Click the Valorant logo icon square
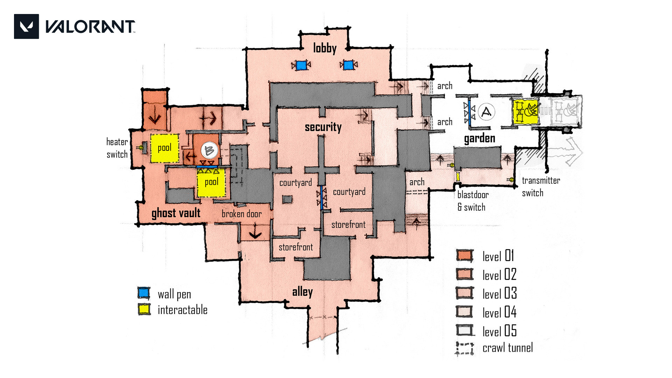pos(26,26)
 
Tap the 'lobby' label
pos(324,48)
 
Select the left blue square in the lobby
pos(301,65)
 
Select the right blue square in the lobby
pos(348,65)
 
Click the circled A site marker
pos(486,112)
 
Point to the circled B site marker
pos(209,150)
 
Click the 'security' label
pos(323,127)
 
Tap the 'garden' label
pos(479,138)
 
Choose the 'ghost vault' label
pos(176,213)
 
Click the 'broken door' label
pos(241,214)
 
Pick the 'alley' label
pos(302,292)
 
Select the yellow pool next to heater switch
pos(164,148)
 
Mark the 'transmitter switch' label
pos(541,187)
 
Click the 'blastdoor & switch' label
pos(472,201)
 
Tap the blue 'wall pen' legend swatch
pos(144,293)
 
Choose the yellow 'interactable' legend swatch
pos(144,309)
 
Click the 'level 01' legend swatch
pos(465,255)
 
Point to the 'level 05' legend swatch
pos(465,330)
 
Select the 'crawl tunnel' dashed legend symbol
pos(465,348)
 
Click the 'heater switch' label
pos(117,148)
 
